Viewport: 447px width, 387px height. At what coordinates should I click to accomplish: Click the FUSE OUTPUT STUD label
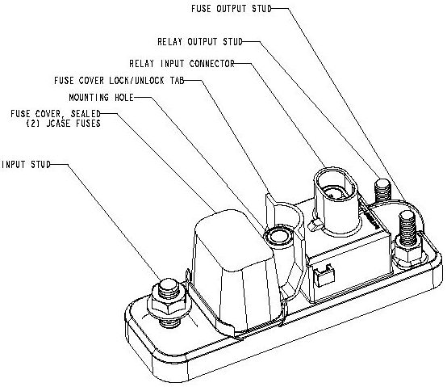[x=232, y=9]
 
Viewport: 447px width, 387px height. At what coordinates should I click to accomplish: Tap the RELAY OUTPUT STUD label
[x=200, y=42]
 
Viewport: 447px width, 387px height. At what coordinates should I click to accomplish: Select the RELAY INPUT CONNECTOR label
[x=182, y=63]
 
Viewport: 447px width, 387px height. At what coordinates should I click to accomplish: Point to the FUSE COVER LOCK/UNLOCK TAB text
[x=119, y=81]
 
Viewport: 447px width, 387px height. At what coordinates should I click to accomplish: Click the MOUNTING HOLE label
[x=101, y=98]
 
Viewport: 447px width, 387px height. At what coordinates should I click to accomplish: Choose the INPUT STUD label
[x=26, y=165]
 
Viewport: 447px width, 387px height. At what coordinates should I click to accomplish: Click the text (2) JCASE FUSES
[x=63, y=124]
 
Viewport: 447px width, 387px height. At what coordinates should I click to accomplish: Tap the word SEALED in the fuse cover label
[x=86, y=114]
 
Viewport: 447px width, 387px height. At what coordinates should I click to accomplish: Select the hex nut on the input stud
[x=170, y=304]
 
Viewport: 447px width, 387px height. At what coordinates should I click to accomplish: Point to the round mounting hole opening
[x=278, y=236]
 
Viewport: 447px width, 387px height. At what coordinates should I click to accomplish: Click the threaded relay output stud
[x=383, y=191]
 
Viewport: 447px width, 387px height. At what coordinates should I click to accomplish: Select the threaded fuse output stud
[x=408, y=228]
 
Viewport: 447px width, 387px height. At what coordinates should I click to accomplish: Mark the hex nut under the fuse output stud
[x=408, y=254]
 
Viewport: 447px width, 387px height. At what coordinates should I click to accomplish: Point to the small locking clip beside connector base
[x=315, y=225]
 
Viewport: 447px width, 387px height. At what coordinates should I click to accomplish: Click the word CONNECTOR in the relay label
[x=212, y=63]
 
